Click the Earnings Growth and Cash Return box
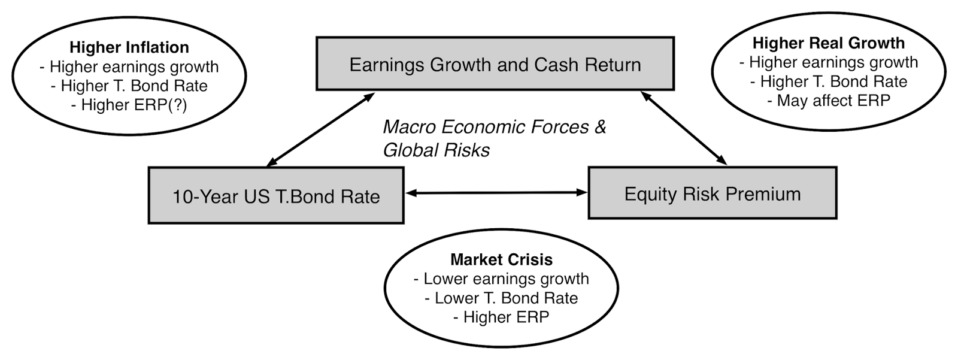(495, 64)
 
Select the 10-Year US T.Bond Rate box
(276, 196)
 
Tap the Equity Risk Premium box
(712, 193)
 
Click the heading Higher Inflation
(129, 47)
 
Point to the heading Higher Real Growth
(828, 43)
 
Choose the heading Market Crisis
(501, 259)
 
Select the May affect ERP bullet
(828, 100)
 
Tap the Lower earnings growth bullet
(501, 279)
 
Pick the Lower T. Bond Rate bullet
(501, 298)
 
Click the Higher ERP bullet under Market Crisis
(501, 317)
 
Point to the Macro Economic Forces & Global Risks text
(495, 138)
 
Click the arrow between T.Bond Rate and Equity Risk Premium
(496, 192)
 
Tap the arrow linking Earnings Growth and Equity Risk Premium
(683, 127)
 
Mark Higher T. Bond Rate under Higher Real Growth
(828, 81)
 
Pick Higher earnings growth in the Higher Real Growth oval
(828, 62)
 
